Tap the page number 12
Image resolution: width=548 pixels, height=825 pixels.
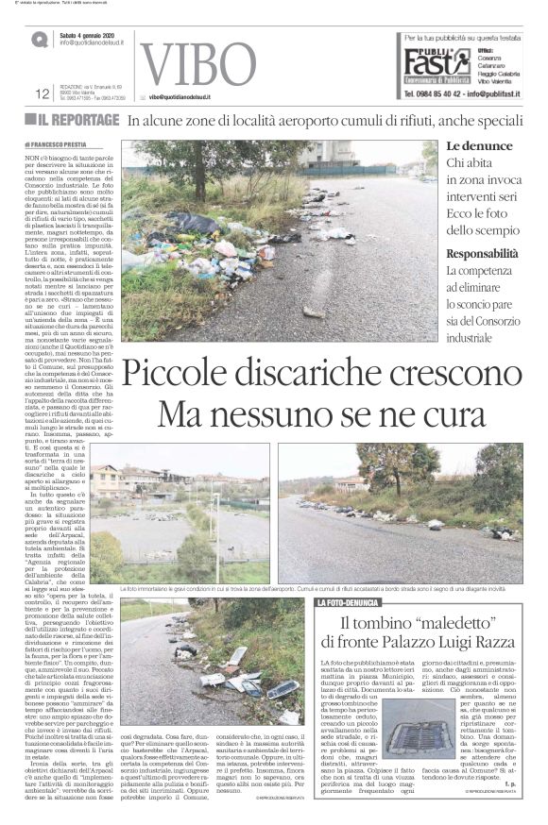pyautogui.click(x=42, y=93)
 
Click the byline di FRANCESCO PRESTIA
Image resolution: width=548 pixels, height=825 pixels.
pyautogui.click(x=60, y=143)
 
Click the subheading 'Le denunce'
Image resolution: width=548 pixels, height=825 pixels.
pyautogui.click(x=479, y=146)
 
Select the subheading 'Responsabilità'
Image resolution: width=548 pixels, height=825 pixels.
pyautogui.click(x=482, y=253)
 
